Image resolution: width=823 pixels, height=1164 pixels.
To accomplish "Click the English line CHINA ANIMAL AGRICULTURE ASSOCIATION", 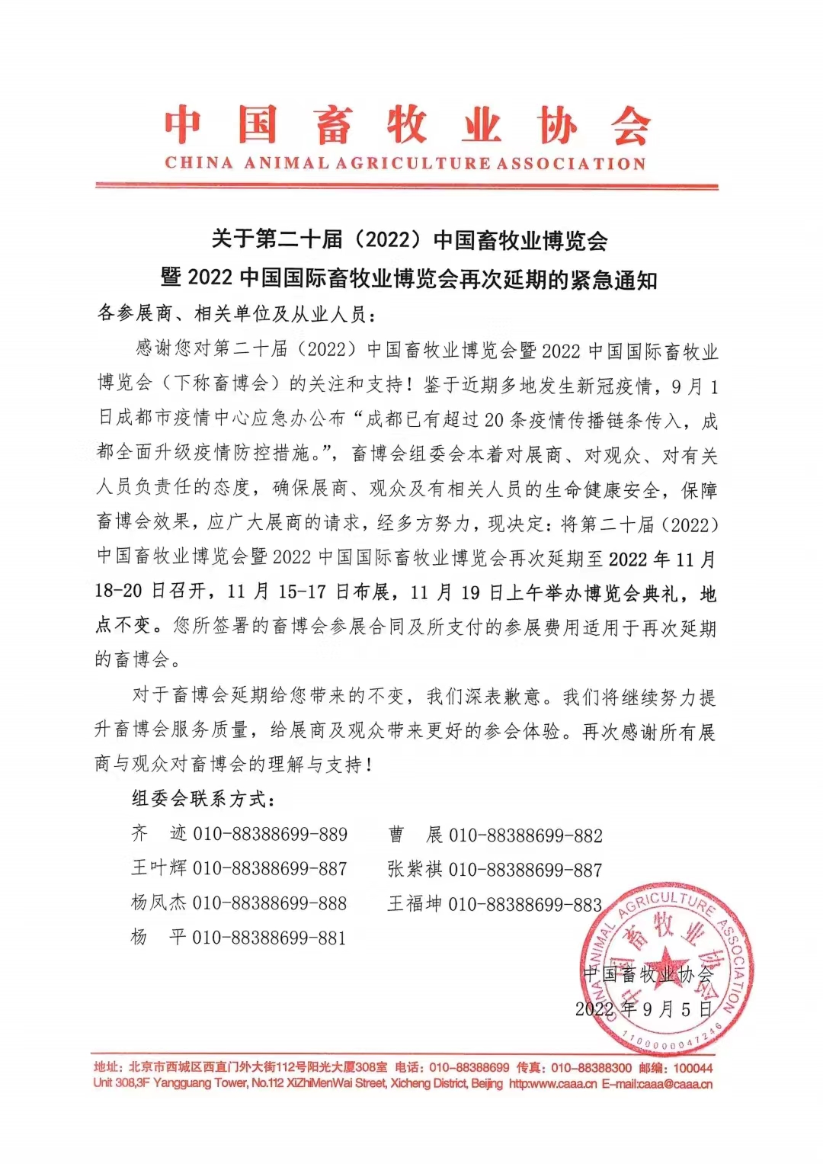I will coord(405,163).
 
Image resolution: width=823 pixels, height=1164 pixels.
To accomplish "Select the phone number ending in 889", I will coord(270,834).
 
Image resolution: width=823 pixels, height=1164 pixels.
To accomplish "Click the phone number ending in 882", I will coord(526,835).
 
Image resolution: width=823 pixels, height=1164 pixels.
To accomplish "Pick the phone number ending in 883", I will coord(526,904).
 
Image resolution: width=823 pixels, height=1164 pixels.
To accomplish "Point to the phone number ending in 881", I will coord(269,938).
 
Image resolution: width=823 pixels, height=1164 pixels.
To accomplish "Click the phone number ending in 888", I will coord(270,903).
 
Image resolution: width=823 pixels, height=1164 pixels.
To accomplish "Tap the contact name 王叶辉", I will coord(159,868).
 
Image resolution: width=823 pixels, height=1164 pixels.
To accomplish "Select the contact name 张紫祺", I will coord(415,869).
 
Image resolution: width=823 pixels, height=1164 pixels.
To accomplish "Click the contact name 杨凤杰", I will coord(159,903).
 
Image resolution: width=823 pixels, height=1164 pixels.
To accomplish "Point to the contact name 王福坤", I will coord(415,904).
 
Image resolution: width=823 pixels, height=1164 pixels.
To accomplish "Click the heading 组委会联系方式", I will coord(203,799).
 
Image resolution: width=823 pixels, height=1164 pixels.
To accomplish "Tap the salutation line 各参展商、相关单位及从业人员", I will coord(236,313).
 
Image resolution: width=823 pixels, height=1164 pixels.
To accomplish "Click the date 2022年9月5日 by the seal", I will coord(643,1009).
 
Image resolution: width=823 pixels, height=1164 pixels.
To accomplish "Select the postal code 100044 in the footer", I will coord(693,1068).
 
